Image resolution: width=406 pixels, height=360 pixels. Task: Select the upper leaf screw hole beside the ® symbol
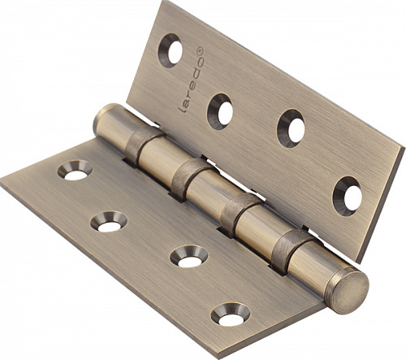click(170, 50)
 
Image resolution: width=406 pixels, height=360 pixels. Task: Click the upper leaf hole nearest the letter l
click(220, 111)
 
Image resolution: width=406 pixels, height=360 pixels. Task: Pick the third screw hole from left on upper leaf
click(291, 128)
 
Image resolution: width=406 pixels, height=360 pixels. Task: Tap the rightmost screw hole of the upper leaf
click(348, 196)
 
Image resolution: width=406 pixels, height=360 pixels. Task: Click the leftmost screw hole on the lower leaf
click(75, 170)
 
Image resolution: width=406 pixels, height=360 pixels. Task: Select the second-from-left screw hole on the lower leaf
click(109, 222)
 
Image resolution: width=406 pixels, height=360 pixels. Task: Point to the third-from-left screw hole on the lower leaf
click(189, 256)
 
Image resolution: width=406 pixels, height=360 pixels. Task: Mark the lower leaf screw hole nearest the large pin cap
click(231, 314)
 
